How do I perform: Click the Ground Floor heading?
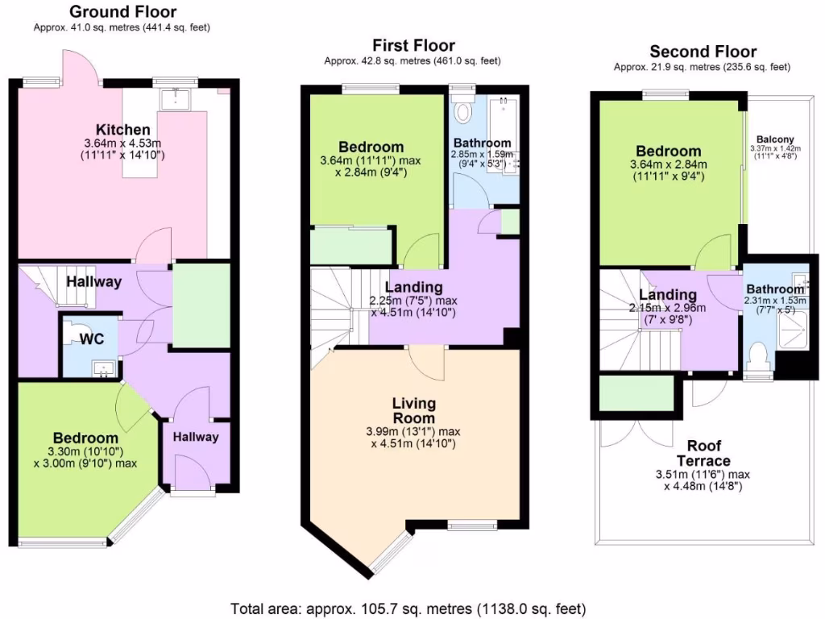(x=122, y=11)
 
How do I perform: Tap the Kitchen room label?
(x=122, y=130)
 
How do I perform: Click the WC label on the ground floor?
(x=90, y=339)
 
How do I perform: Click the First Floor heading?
(x=413, y=45)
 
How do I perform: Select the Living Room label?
(x=413, y=410)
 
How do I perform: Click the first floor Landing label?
(x=413, y=287)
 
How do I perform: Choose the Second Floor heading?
(x=703, y=52)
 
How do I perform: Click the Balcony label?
(x=772, y=138)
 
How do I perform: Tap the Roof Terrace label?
(x=699, y=453)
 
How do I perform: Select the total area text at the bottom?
(x=408, y=608)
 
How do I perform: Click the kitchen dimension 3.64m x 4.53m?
(x=122, y=144)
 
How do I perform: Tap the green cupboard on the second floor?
(x=636, y=393)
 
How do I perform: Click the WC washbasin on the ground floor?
(x=102, y=369)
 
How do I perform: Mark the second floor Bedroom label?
(x=668, y=151)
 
